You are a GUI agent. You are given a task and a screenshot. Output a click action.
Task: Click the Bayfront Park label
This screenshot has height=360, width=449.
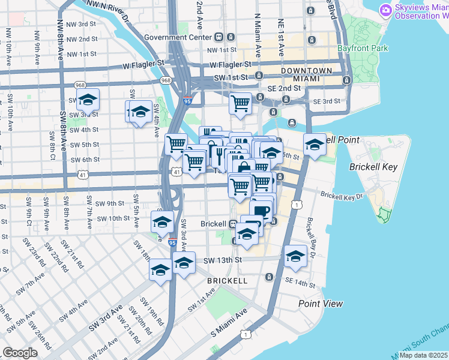(370, 48)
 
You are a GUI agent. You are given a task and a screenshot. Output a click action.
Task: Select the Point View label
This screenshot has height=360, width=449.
(321, 304)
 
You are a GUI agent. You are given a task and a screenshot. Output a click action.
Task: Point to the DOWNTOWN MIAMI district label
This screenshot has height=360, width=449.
(307, 75)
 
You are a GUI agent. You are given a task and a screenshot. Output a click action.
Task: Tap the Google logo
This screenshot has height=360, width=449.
(20, 353)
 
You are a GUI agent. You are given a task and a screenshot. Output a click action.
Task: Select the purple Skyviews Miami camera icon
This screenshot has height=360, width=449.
(385, 10)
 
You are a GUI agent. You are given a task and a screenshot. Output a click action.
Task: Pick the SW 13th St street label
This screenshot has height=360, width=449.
(222, 260)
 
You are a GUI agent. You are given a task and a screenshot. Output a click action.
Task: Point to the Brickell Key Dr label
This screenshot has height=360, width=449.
(342, 196)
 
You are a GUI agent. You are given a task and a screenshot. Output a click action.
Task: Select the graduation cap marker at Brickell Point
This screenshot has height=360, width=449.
(315, 144)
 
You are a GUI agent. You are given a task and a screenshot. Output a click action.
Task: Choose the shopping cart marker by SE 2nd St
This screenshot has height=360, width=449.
(240, 103)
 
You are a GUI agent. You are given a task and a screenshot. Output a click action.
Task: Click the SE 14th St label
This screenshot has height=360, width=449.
(300, 281)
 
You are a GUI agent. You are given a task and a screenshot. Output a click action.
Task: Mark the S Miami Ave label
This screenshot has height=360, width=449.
(229, 323)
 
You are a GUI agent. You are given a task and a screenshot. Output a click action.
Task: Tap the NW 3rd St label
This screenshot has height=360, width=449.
(83, 24)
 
